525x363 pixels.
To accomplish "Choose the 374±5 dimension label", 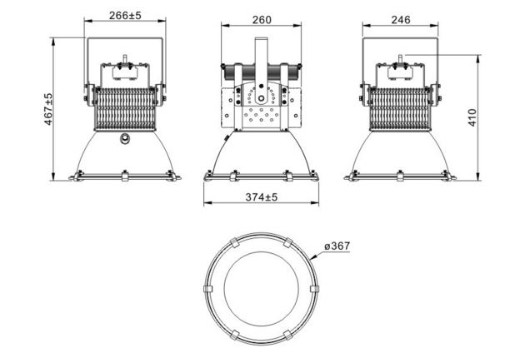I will click(262, 196).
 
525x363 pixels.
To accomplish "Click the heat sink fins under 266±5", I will click(125, 108).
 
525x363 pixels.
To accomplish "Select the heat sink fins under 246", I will click(399, 108).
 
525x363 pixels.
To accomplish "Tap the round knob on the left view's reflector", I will click(125, 137).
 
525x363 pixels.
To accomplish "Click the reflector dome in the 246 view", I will click(399, 154).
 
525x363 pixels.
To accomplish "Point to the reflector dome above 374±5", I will click(262, 154).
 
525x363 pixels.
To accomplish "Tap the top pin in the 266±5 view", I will click(126, 60).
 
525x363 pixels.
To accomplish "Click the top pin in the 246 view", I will click(399, 59).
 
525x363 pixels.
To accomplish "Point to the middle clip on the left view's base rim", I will click(125, 177).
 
